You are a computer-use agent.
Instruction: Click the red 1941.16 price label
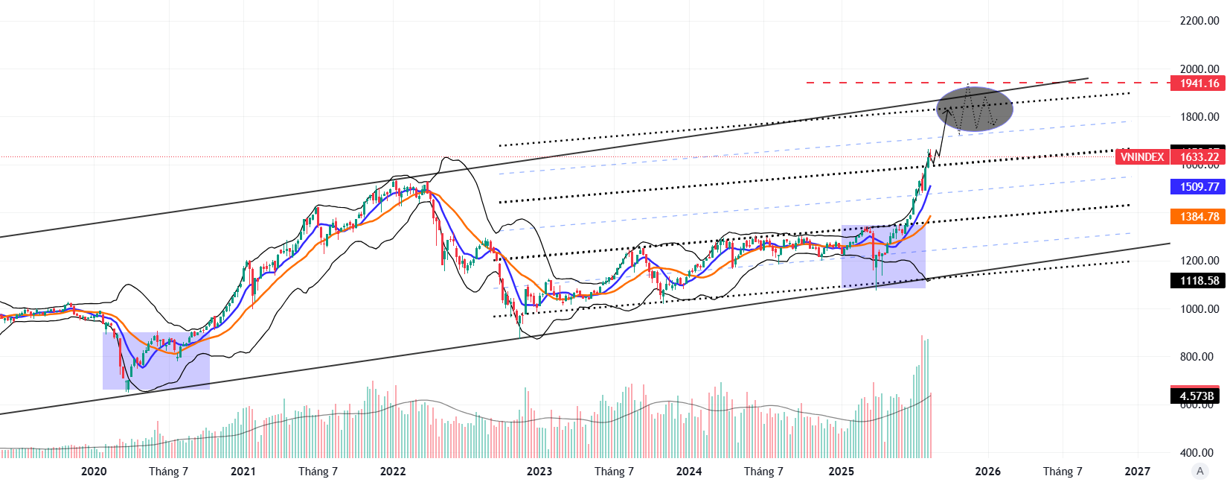(x=1198, y=83)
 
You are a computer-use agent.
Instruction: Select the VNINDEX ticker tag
(x=1142, y=156)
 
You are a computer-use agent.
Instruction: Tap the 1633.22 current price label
(x=1198, y=156)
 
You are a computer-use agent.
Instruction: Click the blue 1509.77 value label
(x=1198, y=187)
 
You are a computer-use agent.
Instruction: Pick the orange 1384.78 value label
(x=1198, y=217)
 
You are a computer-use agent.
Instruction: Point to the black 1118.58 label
(x=1198, y=281)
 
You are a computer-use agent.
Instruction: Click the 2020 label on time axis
(x=94, y=472)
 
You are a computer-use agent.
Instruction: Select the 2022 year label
(x=393, y=472)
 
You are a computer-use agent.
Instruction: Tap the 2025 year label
(x=842, y=472)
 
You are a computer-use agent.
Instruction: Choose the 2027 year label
(x=1138, y=472)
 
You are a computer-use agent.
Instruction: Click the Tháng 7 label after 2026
(x=1063, y=472)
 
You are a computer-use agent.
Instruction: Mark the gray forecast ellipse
(x=974, y=109)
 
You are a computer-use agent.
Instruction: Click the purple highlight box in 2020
(x=156, y=361)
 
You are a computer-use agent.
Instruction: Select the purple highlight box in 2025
(x=883, y=257)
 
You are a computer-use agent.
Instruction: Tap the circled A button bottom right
(x=1199, y=471)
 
